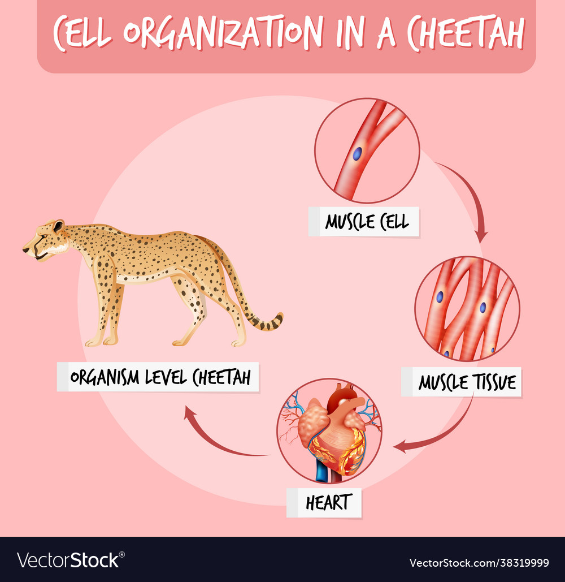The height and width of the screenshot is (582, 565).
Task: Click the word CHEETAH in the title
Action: coord(466,33)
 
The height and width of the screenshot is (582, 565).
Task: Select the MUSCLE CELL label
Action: coord(364,222)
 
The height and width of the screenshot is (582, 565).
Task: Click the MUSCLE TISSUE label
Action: coord(461,382)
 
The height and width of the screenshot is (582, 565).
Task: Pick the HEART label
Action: coord(324,503)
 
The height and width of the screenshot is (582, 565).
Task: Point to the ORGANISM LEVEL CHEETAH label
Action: coord(158,377)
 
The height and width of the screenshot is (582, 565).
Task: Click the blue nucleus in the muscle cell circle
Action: coord(357,154)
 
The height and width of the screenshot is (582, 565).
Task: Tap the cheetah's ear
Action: coord(58,226)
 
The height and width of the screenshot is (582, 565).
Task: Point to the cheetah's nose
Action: coord(25,249)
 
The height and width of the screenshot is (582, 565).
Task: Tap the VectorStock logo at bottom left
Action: coord(71,560)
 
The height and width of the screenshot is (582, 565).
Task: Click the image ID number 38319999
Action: coord(525,563)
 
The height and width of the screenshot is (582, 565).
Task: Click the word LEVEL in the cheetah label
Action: coord(166,377)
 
